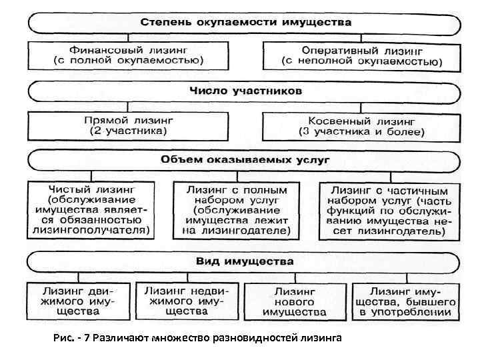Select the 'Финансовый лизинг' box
pyautogui.click(x=129, y=55)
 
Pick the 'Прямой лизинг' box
pyautogui.click(x=129, y=126)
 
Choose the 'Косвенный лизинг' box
pyautogui.click(x=362, y=126)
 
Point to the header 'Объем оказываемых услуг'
pyautogui.click(x=245, y=160)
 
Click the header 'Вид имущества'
pyautogui.click(x=245, y=261)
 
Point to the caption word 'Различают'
pyautogui.click(x=121, y=338)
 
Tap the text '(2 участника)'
pyautogui.click(x=129, y=132)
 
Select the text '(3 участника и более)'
pyautogui.click(x=362, y=132)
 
